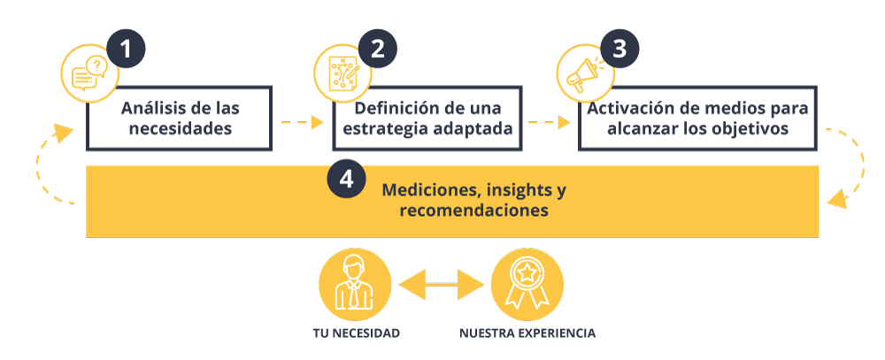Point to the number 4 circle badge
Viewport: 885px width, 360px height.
[x=346, y=179]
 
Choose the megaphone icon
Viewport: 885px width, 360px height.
[x=585, y=73]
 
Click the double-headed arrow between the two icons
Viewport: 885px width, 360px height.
[x=441, y=285]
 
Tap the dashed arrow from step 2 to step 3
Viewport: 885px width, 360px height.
[x=550, y=122]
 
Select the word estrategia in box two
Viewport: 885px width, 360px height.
[x=383, y=129]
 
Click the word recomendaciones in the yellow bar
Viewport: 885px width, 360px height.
[x=473, y=211]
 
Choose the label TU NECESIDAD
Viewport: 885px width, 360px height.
[x=356, y=333]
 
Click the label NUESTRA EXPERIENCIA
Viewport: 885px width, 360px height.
[x=527, y=333]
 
